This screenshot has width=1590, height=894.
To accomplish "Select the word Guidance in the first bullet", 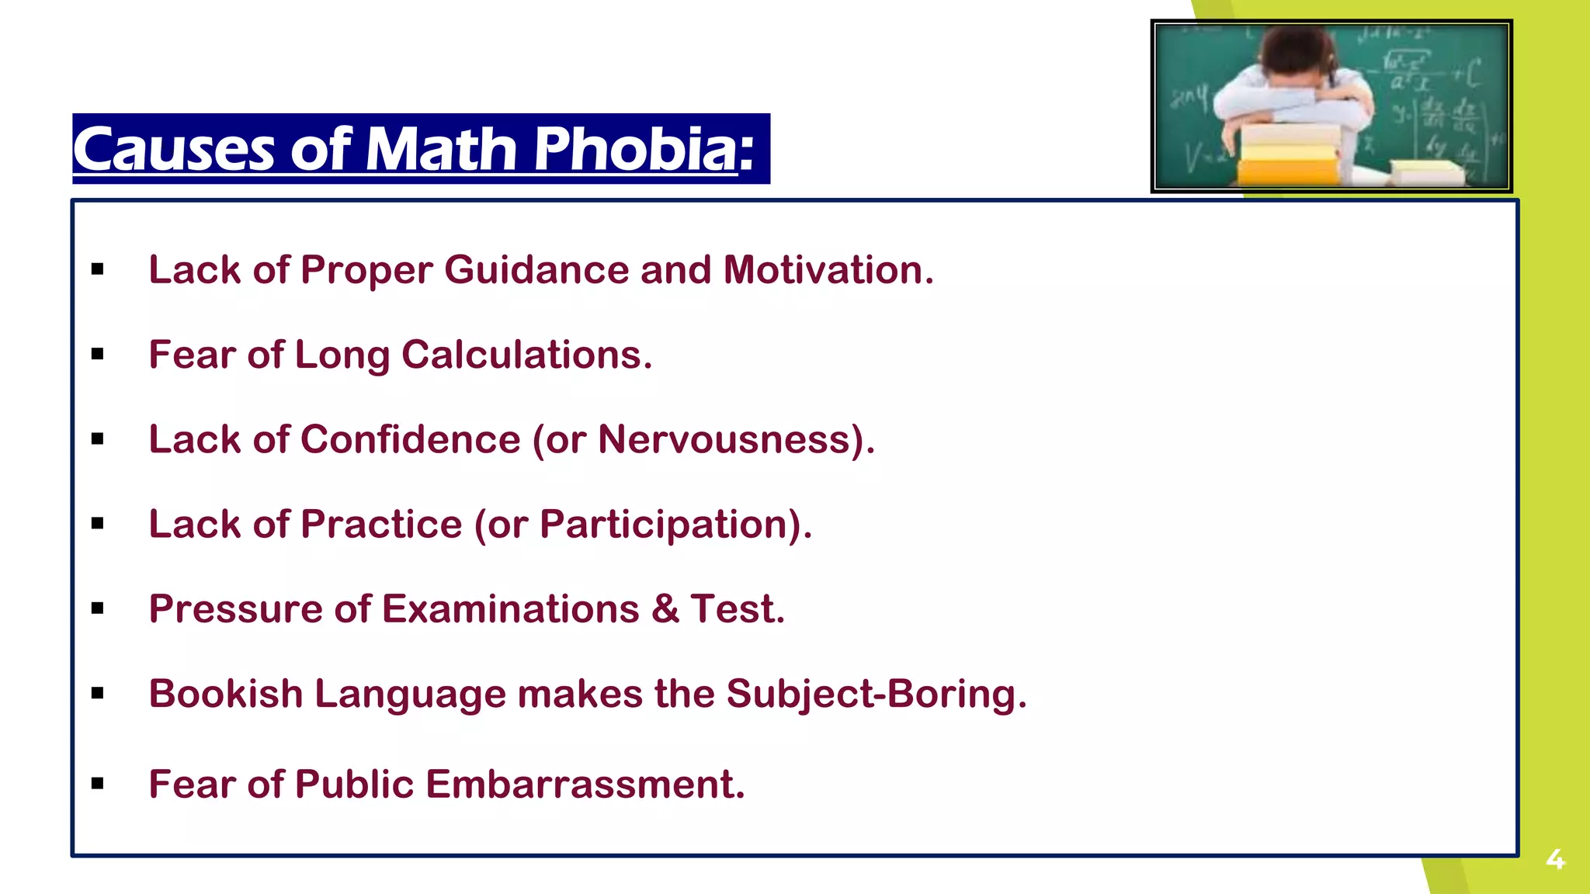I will [536, 270].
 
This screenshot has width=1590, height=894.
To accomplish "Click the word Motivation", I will [828, 270].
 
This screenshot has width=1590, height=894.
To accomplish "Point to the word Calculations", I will [526, 355].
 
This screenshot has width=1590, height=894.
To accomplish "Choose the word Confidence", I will [410, 439].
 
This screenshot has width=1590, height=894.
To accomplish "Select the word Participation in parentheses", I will [665, 524].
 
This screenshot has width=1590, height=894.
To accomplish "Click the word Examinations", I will [511, 608].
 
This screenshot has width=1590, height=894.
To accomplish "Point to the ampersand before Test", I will [665, 608].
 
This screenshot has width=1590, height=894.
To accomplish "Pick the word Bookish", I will [226, 693].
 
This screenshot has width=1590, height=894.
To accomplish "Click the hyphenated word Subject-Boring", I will [876, 693].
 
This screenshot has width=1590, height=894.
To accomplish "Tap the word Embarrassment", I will [585, 784].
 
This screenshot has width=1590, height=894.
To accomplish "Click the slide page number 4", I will [1555, 859].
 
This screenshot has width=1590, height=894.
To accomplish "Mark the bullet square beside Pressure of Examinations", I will [97, 608].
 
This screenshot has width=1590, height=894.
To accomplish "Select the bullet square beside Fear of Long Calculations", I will [97, 355].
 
